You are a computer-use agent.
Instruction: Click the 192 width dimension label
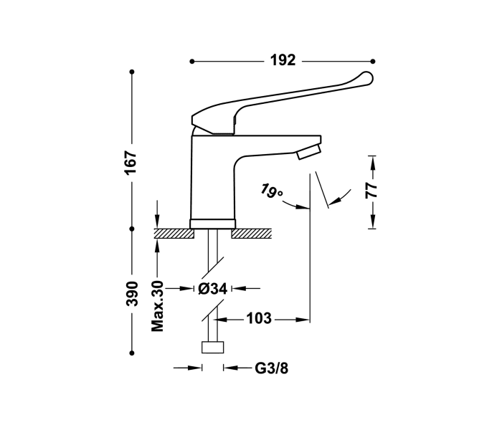(283, 61)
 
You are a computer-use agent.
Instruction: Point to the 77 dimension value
(371, 191)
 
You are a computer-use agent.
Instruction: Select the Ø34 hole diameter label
(213, 289)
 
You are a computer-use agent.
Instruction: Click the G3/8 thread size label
(272, 368)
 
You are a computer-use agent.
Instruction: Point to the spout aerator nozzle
(309, 150)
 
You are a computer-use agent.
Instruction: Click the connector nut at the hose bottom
(213, 348)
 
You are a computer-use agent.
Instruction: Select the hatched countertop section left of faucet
(173, 233)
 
